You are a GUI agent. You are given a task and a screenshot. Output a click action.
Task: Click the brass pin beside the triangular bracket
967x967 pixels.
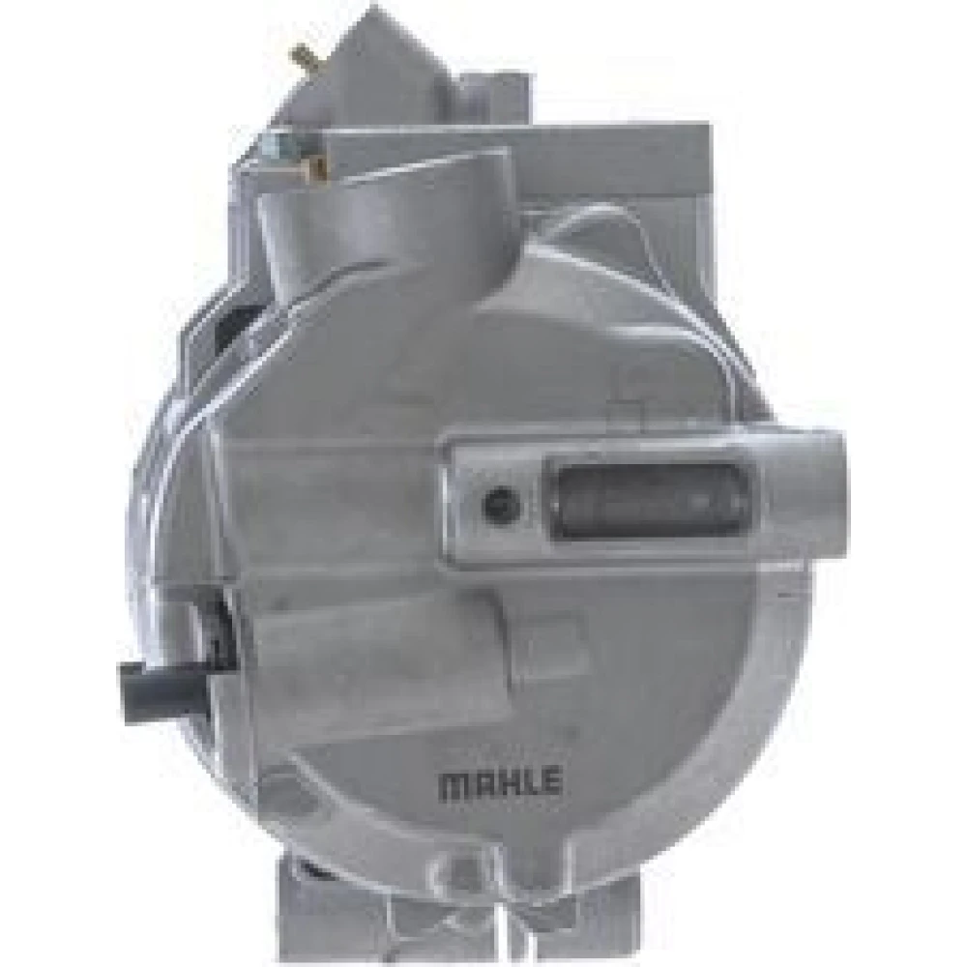304,57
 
